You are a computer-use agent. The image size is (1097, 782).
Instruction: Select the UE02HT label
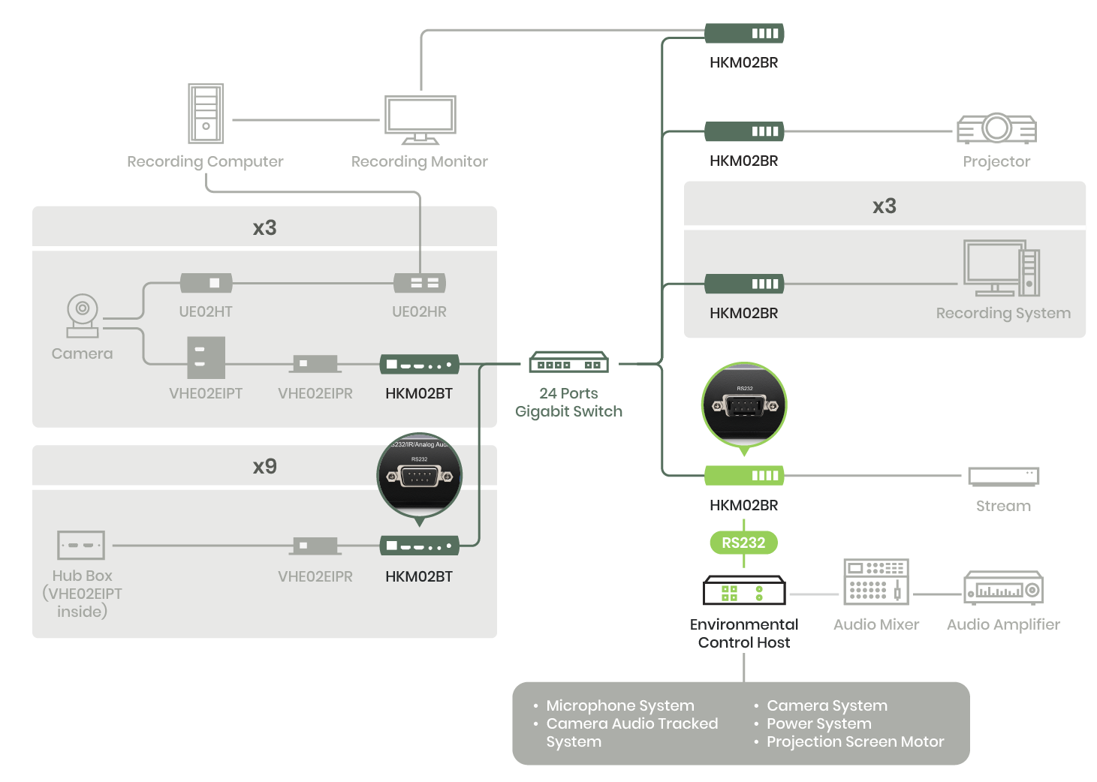click(x=206, y=311)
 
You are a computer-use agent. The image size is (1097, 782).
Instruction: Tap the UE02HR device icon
click(x=420, y=283)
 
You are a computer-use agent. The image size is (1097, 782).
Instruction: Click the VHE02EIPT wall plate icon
click(x=206, y=357)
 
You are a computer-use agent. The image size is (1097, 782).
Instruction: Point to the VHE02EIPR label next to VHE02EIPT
click(x=315, y=393)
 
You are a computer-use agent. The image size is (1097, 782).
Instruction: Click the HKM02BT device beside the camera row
click(x=419, y=365)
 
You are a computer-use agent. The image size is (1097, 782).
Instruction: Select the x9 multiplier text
click(x=264, y=466)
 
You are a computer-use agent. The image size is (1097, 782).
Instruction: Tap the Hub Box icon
click(x=81, y=546)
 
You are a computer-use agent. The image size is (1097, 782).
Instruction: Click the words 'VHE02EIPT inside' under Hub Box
click(x=83, y=603)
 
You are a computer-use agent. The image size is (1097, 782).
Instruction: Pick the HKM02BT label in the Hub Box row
click(x=419, y=576)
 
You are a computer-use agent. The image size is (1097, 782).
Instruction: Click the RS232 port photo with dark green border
click(x=419, y=475)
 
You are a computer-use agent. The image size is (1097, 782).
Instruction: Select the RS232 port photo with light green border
click(x=745, y=405)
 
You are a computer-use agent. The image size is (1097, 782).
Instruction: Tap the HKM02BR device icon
click(x=744, y=284)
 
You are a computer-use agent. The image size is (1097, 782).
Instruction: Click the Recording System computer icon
click(x=1002, y=269)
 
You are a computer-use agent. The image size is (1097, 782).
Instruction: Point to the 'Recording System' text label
click(x=1003, y=313)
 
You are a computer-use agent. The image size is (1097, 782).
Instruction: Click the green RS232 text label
click(x=743, y=543)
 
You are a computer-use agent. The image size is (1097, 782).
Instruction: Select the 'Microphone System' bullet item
click(x=619, y=705)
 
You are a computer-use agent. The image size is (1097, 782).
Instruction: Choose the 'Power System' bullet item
click(x=818, y=723)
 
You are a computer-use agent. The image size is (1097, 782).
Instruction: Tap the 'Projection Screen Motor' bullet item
click(x=855, y=741)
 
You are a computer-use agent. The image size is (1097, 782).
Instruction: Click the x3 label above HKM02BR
click(x=885, y=206)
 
